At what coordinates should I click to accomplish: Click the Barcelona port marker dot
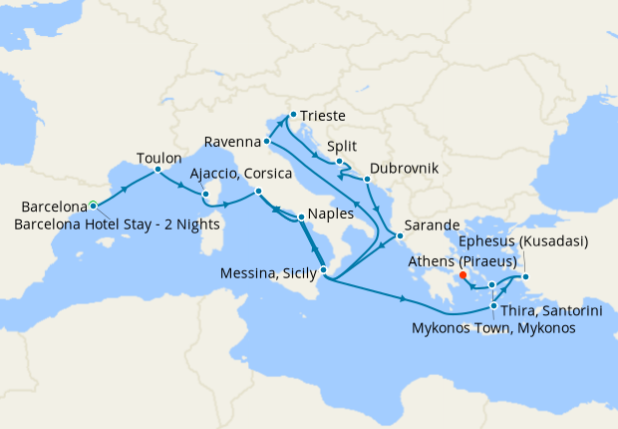pos(93,206)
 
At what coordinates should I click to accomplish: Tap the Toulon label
pos(158,158)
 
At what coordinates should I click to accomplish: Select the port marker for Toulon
pos(158,170)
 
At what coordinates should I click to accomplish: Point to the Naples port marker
pos(301,214)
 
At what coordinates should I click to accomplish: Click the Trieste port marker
pos(292,115)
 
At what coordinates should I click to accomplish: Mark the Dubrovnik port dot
pos(367,180)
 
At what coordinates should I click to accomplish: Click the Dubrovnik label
pos(404,170)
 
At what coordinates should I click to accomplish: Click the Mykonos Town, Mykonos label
pos(492,328)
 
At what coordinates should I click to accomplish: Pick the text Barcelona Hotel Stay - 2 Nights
pos(118,222)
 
